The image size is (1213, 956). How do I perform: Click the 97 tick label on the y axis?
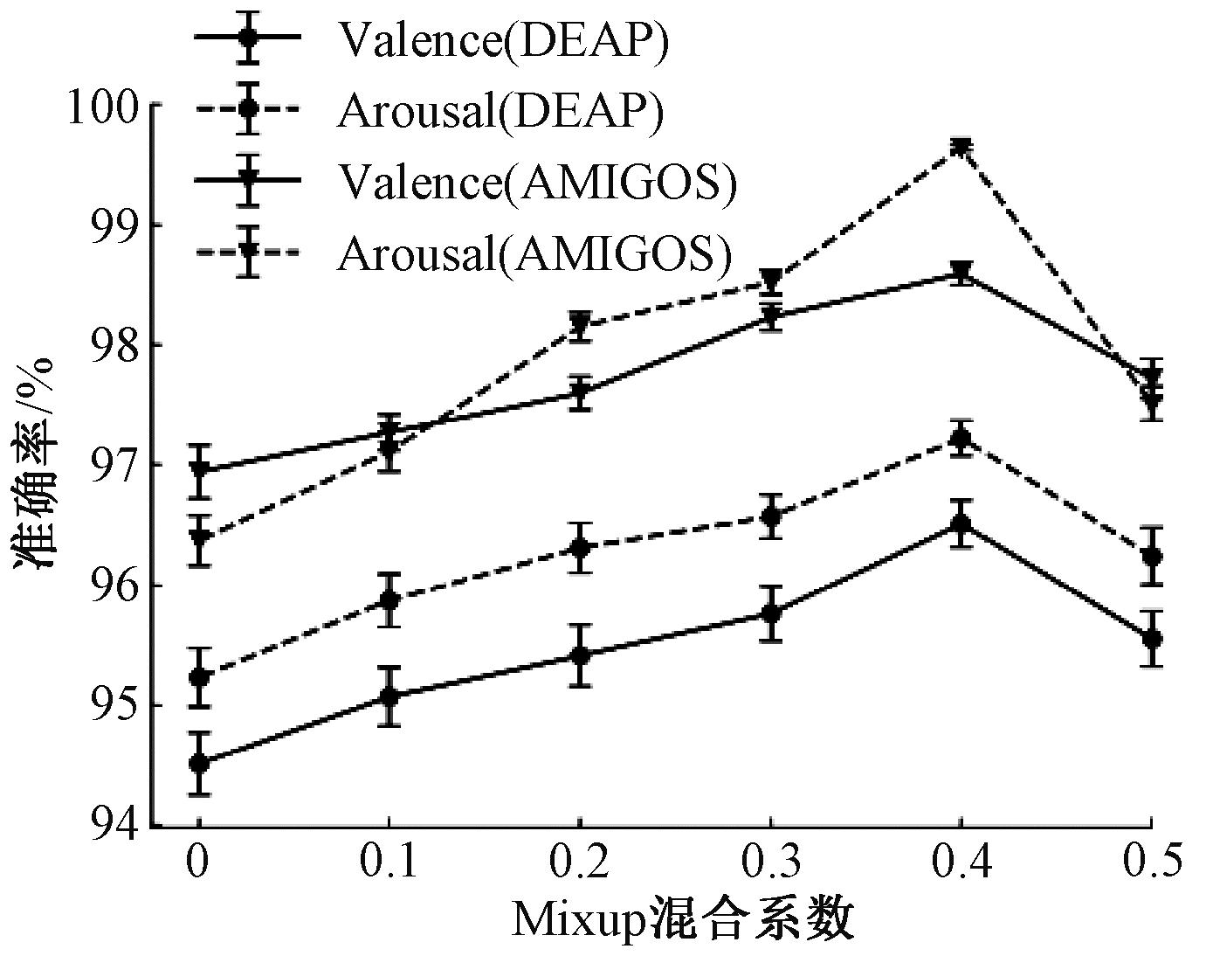tap(117, 465)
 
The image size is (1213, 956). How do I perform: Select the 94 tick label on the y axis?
tap(117, 825)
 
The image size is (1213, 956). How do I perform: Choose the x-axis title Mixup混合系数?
tap(682, 920)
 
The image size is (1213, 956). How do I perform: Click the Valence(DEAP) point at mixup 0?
tap(199, 763)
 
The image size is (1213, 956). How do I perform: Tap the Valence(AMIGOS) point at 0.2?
tap(580, 393)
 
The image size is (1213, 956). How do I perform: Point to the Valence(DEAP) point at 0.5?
tap(1151, 639)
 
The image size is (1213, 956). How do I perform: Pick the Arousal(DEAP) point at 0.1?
tap(389, 599)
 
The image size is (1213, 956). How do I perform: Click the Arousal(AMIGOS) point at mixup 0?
tap(199, 537)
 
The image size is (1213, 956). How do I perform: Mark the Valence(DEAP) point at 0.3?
tap(770, 613)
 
